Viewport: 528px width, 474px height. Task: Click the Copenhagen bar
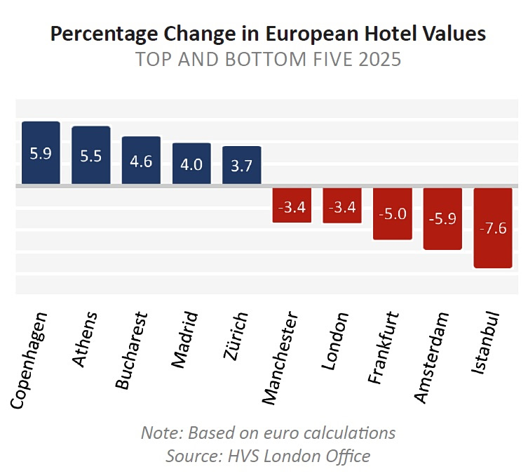pyautogui.click(x=41, y=153)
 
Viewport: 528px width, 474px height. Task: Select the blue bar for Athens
pyautogui.click(x=91, y=155)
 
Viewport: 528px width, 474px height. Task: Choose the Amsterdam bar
pyautogui.click(x=442, y=218)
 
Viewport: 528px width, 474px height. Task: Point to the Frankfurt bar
pyautogui.click(x=392, y=213)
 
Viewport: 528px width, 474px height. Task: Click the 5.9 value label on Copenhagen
pyautogui.click(x=41, y=153)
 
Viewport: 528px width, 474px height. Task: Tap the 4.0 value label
pyautogui.click(x=191, y=164)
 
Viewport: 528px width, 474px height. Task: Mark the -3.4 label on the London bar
pyautogui.click(x=342, y=208)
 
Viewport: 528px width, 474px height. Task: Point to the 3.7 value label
pyautogui.click(x=241, y=166)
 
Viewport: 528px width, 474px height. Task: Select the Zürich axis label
pyautogui.click(x=235, y=336)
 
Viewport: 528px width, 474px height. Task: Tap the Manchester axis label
pyautogui.click(x=280, y=358)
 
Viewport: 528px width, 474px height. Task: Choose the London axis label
pyautogui.click(x=334, y=341)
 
